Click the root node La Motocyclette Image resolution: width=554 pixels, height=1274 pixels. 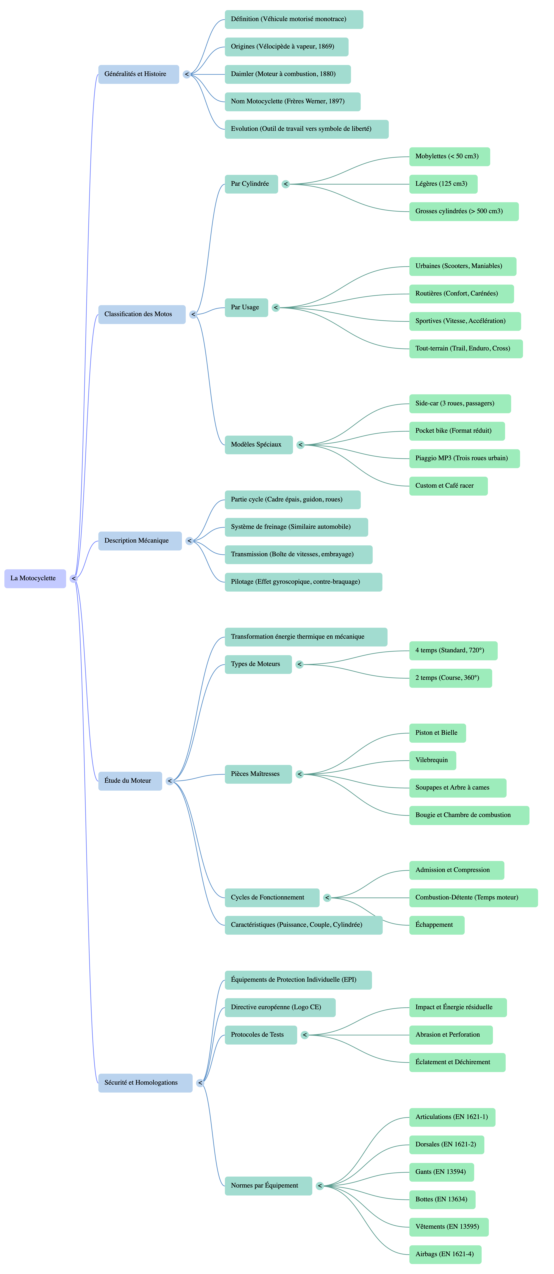click(x=35, y=578)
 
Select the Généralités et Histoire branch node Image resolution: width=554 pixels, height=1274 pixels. click(x=138, y=74)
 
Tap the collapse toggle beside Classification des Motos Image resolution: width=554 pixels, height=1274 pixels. click(x=193, y=315)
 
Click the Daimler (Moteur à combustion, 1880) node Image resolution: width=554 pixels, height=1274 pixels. click(x=288, y=74)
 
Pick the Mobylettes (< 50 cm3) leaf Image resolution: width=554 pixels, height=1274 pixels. click(x=450, y=156)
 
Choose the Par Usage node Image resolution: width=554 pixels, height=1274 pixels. click(x=246, y=308)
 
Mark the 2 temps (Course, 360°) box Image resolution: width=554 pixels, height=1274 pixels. click(x=451, y=678)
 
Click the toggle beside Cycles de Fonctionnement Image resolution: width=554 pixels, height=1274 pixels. click(x=327, y=898)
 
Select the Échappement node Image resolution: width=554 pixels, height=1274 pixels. click(x=437, y=925)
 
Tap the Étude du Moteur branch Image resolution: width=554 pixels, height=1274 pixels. click(x=130, y=781)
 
